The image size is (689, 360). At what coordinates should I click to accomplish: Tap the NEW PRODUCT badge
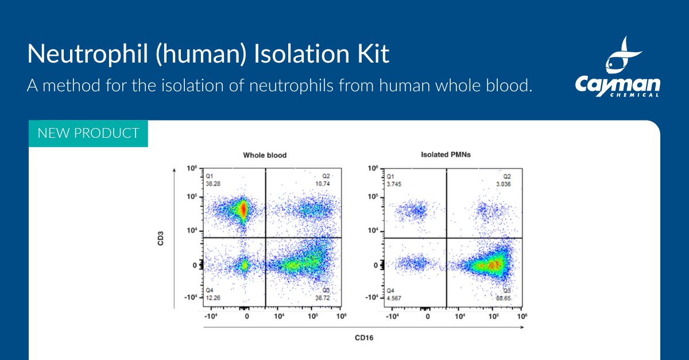tap(88, 134)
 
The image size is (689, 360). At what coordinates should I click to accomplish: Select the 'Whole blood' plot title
tap(265, 155)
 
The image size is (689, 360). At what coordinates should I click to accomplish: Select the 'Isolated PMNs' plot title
tap(446, 155)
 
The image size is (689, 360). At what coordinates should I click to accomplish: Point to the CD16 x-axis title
tap(363, 338)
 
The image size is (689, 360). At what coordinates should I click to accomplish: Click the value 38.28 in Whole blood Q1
tap(214, 183)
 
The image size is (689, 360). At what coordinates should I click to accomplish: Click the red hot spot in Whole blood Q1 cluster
tap(243, 210)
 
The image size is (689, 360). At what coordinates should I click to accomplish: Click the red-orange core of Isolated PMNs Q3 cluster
tap(495, 264)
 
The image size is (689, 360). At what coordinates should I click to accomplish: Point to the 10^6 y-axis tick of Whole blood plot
tap(191, 168)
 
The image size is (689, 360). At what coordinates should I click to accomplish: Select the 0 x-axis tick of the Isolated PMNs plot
tap(427, 316)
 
